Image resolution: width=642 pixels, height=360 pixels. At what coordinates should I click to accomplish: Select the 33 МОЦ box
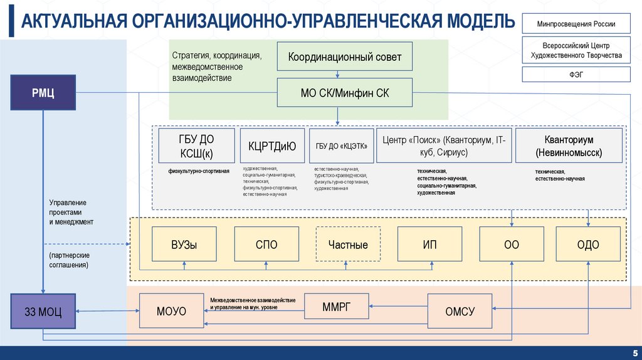tap(43, 310)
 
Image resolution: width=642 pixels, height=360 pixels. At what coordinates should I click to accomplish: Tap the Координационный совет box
tap(344, 58)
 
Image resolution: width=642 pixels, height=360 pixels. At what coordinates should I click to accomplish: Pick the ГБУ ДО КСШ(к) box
tap(197, 146)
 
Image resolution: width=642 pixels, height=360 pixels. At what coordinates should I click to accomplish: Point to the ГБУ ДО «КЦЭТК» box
tap(340, 146)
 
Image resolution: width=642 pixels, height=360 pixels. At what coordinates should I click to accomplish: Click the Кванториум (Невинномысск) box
tap(569, 146)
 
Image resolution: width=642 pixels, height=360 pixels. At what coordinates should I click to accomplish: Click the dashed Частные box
tap(348, 245)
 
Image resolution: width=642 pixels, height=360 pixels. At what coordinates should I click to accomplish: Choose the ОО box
tap(511, 245)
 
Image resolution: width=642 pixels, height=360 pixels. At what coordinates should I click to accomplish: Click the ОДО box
tap(588, 245)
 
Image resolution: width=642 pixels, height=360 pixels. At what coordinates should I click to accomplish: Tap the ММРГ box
tap(337, 306)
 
